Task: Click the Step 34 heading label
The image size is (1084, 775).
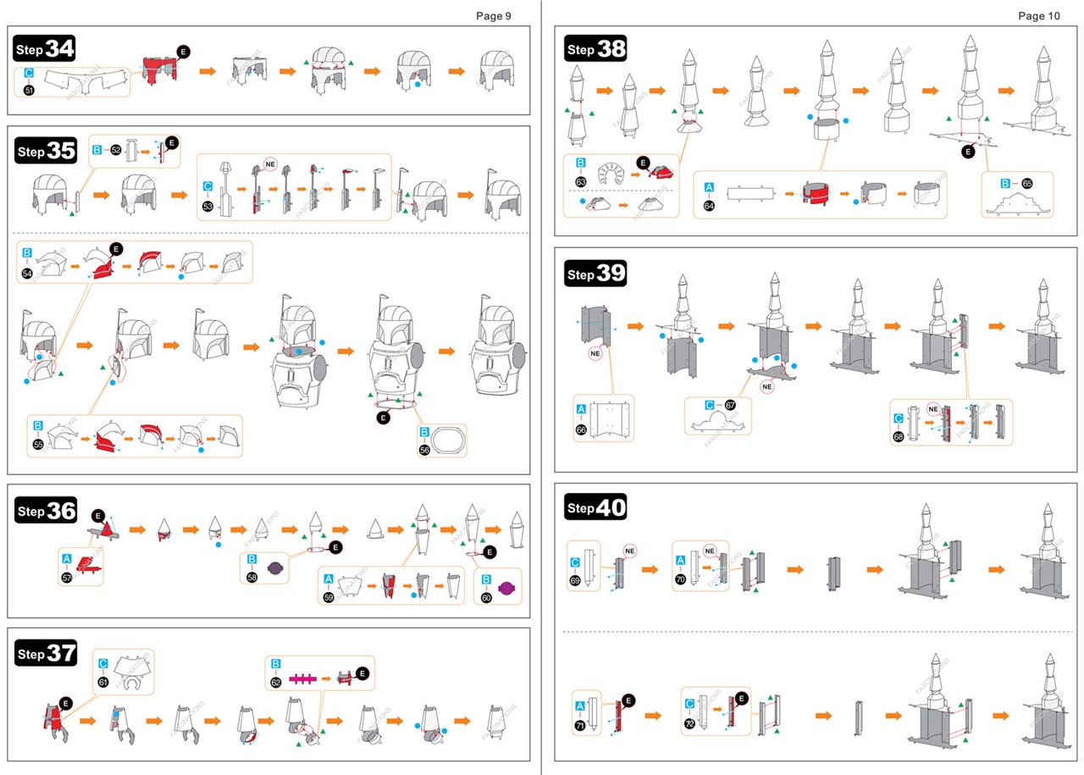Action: pyautogui.click(x=45, y=50)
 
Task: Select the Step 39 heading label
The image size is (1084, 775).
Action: pyautogui.click(x=595, y=274)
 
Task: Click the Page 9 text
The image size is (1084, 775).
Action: pyautogui.click(x=493, y=15)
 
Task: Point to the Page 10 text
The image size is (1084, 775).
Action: pyautogui.click(x=1038, y=15)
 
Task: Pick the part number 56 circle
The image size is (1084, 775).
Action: pyautogui.click(x=424, y=450)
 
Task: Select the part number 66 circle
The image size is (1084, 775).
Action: pyautogui.click(x=581, y=429)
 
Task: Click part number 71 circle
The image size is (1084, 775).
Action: pyautogui.click(x=580, y=725)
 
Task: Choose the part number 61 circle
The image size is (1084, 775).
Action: pyautogui.click(x=103, y=682)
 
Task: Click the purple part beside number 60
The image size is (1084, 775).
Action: pyautogui.click(x=506, y=588)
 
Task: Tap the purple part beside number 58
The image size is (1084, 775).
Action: pyautogui.click(x=277, y=569)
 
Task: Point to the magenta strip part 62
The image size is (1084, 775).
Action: pyautogui.click(x=307, y=678)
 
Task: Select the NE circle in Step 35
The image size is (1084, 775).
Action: pyautogui.click(x=271, y=163)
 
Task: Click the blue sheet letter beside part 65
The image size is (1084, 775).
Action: pyautogui.click(x=1004, y=183)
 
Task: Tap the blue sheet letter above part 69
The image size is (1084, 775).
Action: pyautogui.click(x=576, y=562)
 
